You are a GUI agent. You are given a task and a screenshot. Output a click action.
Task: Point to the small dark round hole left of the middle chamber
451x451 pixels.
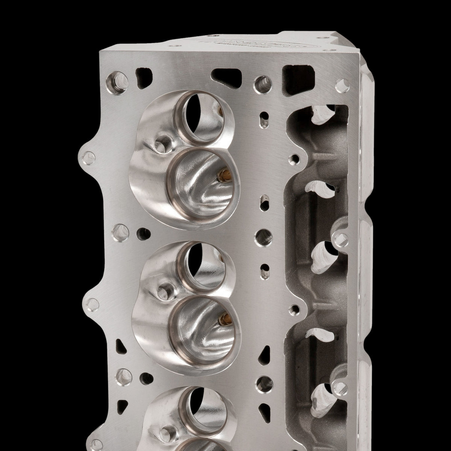[x=143, y=235]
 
